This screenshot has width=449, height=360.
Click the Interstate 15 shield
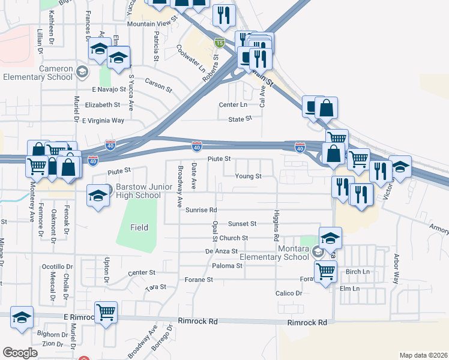220,43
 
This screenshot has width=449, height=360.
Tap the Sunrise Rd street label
200,210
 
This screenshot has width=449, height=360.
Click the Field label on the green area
139,227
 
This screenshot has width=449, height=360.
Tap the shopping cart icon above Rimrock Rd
106,312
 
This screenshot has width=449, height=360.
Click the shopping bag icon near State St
326,108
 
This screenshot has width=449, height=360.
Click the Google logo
20,353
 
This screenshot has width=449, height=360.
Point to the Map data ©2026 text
423,355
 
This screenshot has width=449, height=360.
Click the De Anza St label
221,252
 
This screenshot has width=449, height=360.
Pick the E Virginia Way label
103,120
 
